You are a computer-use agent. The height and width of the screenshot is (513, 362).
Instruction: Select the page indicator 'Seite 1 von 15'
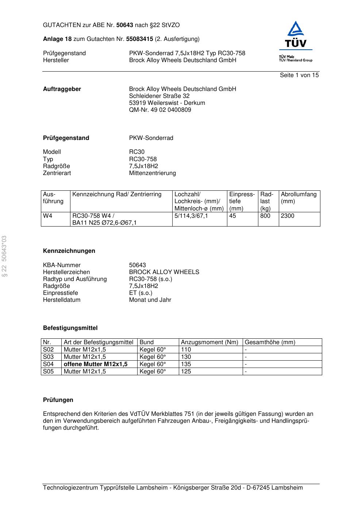click(299, 75)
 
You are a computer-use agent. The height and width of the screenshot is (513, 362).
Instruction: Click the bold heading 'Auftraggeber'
click(62, 89)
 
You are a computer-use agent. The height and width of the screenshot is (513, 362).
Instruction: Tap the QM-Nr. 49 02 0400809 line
click(160, 110)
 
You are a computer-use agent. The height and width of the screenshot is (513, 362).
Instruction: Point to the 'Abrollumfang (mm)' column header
click(299, 198)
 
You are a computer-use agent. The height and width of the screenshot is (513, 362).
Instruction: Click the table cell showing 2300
click(288, 216)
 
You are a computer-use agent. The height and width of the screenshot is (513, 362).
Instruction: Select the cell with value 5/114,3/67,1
click(191, 216)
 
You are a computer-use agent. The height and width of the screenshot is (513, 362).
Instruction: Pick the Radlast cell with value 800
click(265, 216)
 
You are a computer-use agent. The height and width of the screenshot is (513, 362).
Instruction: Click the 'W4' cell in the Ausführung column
click(48, 216)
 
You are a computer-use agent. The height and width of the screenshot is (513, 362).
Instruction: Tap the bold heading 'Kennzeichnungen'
click(69, 251)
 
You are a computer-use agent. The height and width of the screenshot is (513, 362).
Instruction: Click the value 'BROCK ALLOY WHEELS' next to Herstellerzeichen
click(164, 272)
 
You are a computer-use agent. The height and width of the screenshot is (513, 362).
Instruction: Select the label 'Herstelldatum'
click(62, 300)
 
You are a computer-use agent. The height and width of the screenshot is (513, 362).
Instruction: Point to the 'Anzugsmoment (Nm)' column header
click(209, 342)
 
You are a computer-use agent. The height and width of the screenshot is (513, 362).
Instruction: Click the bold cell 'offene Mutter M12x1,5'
click(96, 364)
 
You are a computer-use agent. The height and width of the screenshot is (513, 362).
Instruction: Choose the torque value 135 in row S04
click(186, 364)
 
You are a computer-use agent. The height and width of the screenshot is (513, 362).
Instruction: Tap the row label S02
click(48, 350)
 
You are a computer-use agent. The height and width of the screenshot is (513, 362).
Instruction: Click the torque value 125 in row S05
click(186, 372)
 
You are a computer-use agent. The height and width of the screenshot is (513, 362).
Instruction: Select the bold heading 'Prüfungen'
click(58, 400)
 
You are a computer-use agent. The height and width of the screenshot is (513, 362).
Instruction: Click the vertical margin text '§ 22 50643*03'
click(4, 256)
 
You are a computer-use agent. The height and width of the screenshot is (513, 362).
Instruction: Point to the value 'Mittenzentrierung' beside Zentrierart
click(152, 173)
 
